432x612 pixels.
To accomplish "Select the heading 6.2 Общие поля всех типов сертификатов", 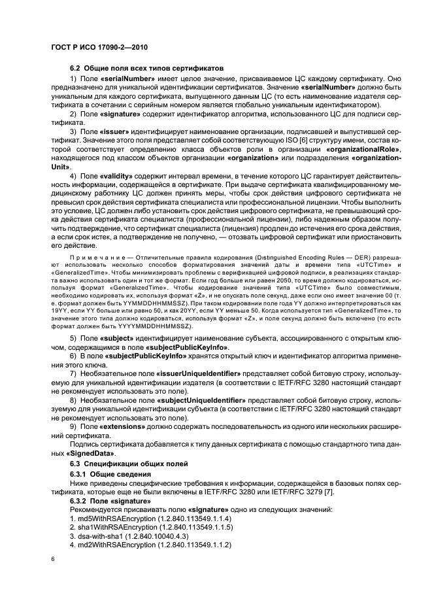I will pyautogui.click(x=147, y=68).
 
